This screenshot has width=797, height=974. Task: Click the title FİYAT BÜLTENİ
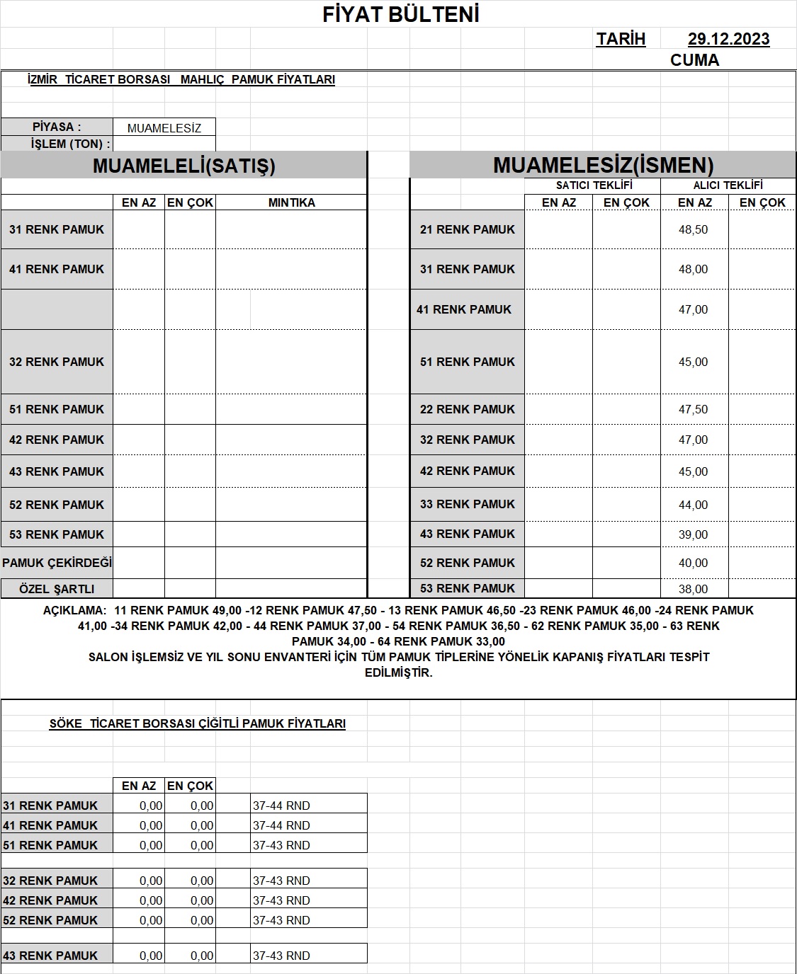401,15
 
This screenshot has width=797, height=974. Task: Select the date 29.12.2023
728,40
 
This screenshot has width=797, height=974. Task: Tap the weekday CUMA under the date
694,60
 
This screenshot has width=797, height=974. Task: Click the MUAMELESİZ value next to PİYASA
164,128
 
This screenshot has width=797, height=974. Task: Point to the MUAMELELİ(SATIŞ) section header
183,166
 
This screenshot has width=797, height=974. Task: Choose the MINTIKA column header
291,202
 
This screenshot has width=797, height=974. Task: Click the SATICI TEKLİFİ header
594,185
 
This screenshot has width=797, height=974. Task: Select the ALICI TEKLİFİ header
728,185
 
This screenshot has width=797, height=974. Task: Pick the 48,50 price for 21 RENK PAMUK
693,230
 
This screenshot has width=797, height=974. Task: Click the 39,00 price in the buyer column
693,535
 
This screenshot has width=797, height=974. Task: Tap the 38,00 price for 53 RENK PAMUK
693,589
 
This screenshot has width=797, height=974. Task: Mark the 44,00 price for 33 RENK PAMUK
693,505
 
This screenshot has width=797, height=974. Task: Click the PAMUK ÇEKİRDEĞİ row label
57,563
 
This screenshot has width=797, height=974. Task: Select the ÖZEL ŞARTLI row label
57,589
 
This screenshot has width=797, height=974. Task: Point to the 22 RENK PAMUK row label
467,410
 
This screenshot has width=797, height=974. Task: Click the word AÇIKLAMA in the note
74,611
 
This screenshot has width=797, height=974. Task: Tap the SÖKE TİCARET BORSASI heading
197,724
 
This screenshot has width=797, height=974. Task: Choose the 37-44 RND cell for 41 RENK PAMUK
281,826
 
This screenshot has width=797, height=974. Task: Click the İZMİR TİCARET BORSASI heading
181,80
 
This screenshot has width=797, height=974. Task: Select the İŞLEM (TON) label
70,144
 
